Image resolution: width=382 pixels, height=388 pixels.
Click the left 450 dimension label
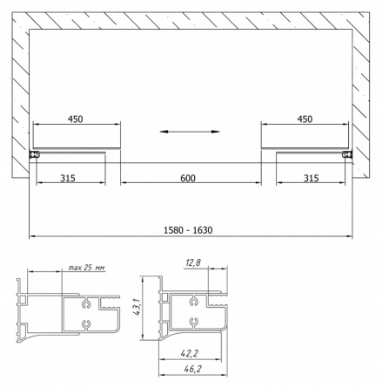(76, 119)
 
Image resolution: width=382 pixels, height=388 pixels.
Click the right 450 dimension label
(305, 119)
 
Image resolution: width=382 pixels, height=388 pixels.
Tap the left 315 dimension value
(68, 178)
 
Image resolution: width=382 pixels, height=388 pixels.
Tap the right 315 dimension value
(312, 178)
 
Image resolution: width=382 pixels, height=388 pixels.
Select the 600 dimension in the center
(188, 178)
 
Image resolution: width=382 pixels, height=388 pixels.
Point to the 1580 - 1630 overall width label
(188, 230)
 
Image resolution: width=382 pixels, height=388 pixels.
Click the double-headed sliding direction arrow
(190, 132)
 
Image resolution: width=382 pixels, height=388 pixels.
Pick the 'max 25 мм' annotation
(86, 268)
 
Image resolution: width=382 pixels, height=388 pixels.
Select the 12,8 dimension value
(193, 262)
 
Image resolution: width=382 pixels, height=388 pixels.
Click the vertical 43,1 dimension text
(137, 307)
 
